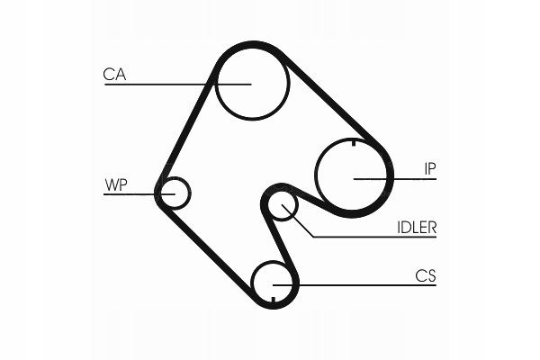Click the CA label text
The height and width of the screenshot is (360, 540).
point(114,75)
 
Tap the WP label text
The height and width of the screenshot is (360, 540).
point(116,185)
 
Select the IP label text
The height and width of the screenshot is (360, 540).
point(430,169)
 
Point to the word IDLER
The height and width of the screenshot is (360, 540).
point(417,228)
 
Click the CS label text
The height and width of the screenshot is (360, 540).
point(426,275)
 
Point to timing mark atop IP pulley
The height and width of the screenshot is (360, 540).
point(354,142)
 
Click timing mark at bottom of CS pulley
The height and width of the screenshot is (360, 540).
point(273,300)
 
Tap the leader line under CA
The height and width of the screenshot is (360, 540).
point(177,84)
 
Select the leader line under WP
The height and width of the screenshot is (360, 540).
point(139,194)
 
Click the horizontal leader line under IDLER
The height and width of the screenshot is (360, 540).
point(374,237)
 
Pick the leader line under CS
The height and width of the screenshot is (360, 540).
point(355,285)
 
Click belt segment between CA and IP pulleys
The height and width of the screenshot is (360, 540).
point(332,99)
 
